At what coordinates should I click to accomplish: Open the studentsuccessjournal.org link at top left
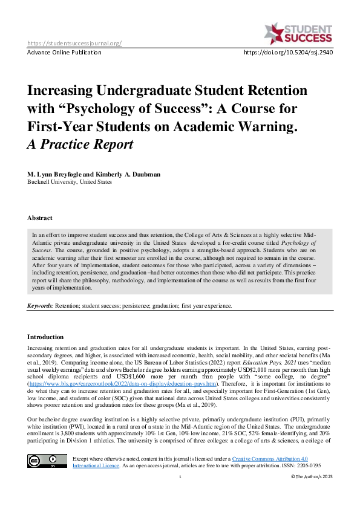tap(75, 43)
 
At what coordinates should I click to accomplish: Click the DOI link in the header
tap(288, 53)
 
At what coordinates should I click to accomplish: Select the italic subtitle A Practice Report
tap(80, 144)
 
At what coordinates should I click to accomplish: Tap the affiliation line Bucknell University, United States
tap(70, 181)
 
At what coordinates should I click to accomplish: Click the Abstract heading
tap(40, 218)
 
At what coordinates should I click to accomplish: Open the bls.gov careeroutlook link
tap(131, 383)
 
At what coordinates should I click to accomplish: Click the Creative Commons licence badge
tap(47, 444)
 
